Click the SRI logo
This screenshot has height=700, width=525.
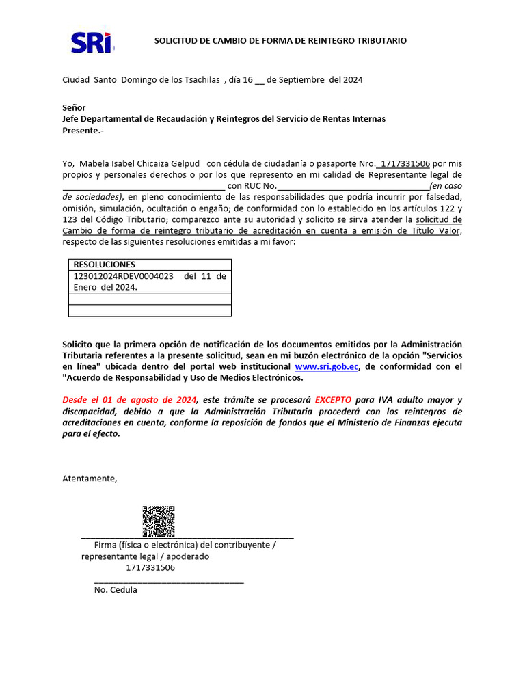pos(92,42)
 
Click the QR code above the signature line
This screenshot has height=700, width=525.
pos(158,522)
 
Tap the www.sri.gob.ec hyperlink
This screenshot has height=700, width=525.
pos(327,367)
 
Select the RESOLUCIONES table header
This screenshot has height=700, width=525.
pos(105,265)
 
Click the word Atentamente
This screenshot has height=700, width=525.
pos(90,478)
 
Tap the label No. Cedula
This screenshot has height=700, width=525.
pos(116,589)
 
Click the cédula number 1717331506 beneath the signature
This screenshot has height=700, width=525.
pos(150,567)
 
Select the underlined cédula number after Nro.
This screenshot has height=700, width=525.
pos(405,163)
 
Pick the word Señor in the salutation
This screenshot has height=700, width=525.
pos(74,107)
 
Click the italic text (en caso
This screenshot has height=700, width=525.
pos(446,186)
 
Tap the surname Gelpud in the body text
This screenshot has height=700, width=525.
pos(184,163)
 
